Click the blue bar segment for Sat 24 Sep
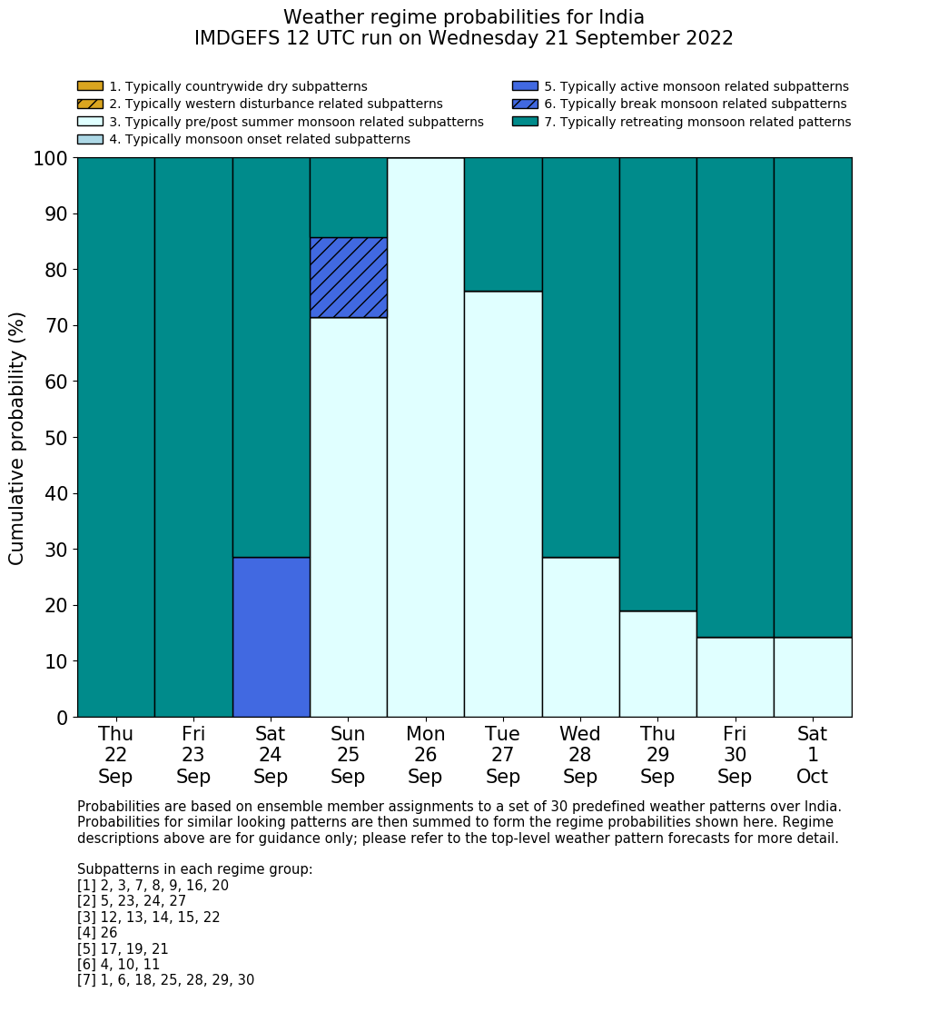pos(271,637)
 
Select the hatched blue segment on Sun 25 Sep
pos(349,277)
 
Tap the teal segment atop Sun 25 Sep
pos(349,197)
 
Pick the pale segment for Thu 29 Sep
pos(657,664)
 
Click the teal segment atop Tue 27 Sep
pos(503,224)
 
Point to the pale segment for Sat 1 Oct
pos(813,677)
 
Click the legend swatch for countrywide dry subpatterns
pos(90,86)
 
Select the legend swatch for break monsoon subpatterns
pos(525,104)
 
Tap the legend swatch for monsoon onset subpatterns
pos(90,139)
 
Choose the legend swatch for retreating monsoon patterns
pos(525,122)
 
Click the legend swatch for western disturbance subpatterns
pos(90,104)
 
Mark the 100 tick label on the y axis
pos(51,159)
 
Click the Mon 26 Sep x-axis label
pos(425,755)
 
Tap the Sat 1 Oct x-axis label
pos(813,755)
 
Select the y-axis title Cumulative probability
pos(17,438)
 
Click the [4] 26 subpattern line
pos(97,933)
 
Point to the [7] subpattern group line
pos(165,980)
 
